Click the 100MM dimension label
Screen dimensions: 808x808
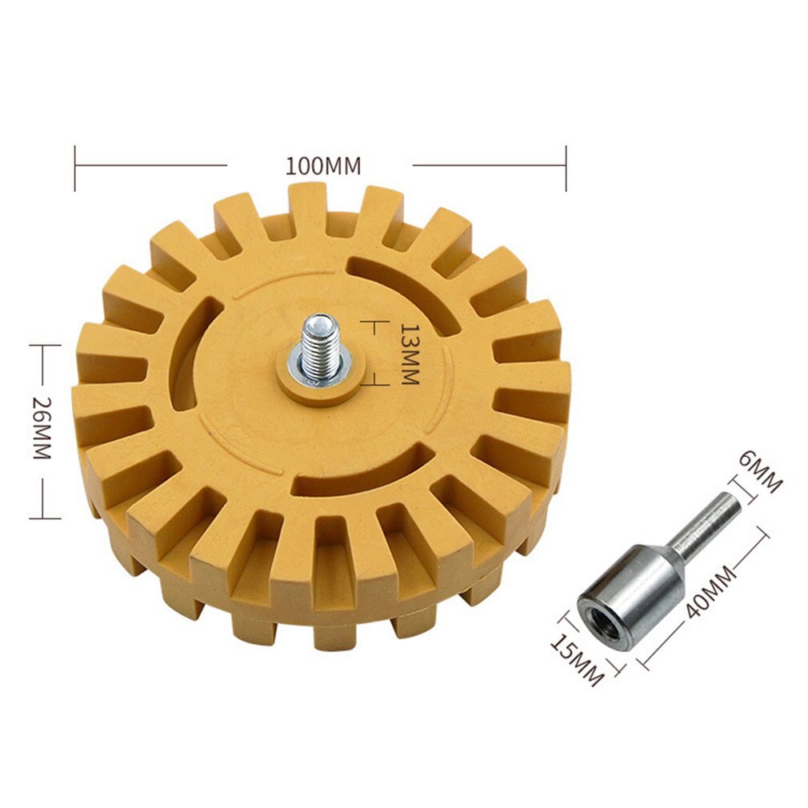pyautogui.click(x=323, y=166)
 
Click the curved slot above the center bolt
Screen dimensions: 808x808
pyautogui.click(x=409, y=287)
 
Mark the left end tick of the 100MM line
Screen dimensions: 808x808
pyautogui.click(x=75, y=167)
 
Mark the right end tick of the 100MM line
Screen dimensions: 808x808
pyautogui.click(x=566, y=167)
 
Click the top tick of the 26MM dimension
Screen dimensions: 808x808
pyautogui.click(x=46, y=346)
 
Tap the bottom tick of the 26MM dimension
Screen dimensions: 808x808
pyautogui.click(x=46, y=518)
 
